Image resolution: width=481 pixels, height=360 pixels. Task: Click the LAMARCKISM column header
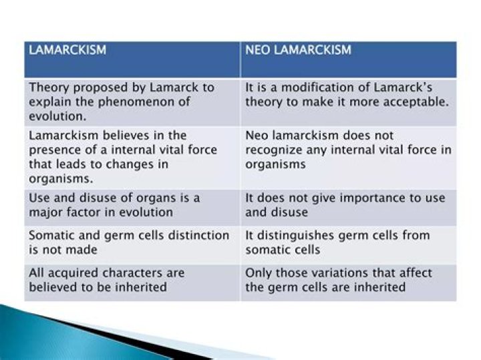(67, 50)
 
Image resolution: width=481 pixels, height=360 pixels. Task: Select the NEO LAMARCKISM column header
(298, 50)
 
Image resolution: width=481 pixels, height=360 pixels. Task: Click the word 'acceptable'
(419, 102)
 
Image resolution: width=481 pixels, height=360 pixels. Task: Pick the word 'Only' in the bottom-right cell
(259, 273)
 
